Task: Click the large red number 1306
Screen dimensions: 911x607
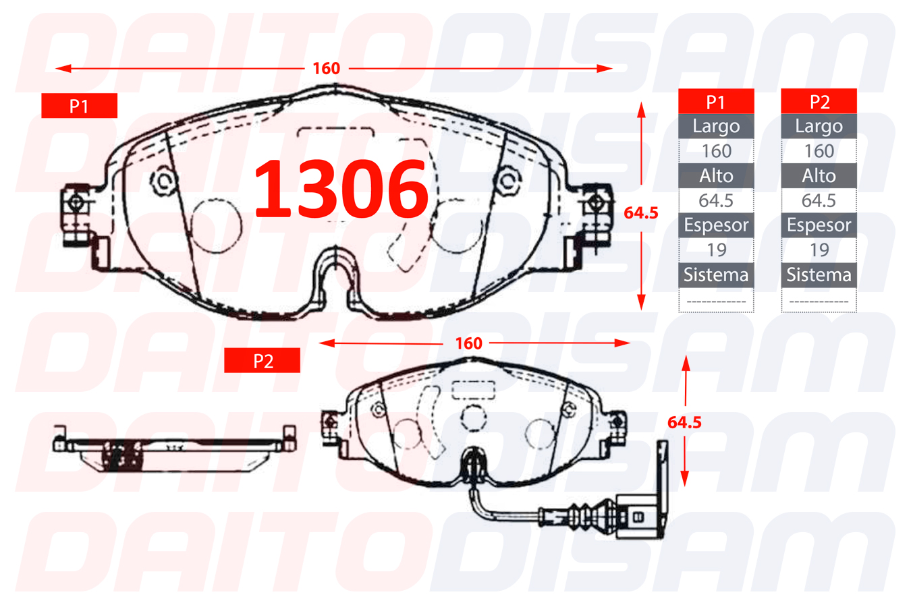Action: click(341, 189)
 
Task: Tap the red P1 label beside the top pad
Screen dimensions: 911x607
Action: click(80, 106)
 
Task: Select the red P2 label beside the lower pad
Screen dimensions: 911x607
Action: click(263, 361)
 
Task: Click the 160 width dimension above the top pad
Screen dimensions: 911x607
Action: click(326, 68)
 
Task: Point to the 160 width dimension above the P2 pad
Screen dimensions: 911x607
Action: click(468, 343)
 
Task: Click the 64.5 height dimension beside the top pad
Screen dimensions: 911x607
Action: click(641, 212)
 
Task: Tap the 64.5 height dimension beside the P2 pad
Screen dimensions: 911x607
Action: click(684, 422)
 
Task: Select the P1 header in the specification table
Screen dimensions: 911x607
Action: click(716, 101)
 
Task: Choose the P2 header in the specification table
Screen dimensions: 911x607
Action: click(819, 101)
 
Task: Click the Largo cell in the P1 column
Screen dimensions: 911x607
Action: click(716, 126)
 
